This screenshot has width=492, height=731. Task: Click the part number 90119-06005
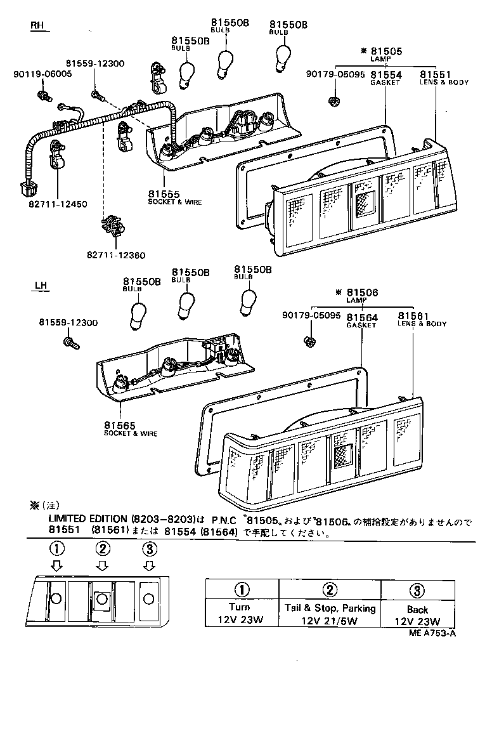pyautogui.click(x=42, y=74)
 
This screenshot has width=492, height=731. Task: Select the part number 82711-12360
pyautogui.click(x=116, y=255)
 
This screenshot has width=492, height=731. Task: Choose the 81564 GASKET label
pyautogui.click(x=361, y=320)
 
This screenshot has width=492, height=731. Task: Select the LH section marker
pyautogui.click(x=40, y=286)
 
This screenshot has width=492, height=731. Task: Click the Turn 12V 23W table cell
pyautogui.click(x=239, y=614)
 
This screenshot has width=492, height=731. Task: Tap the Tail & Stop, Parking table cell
pyautogui.click(x=330, y=614)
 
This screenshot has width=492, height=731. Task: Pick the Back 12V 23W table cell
pyautogui.click(x=417, y=616)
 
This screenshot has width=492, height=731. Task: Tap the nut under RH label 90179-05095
pyautogui.click(x=332, y=100)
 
